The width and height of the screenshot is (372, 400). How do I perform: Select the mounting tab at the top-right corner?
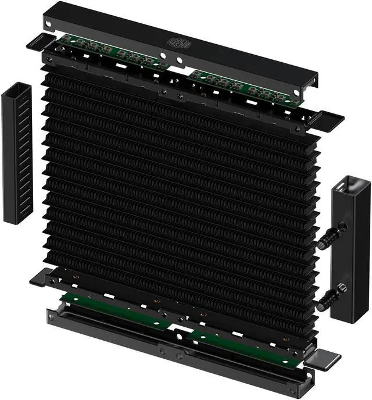[x=328, y=120]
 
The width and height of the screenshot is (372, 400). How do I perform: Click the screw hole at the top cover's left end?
[x=49, y=24]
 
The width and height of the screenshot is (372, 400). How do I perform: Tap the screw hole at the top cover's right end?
[x=309, y=92]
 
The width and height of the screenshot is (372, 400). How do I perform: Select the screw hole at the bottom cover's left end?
[x=53, y=315]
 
